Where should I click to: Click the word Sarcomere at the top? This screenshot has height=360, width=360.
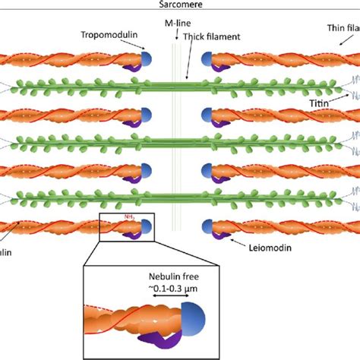180,4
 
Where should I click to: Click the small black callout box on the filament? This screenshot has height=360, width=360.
127,226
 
